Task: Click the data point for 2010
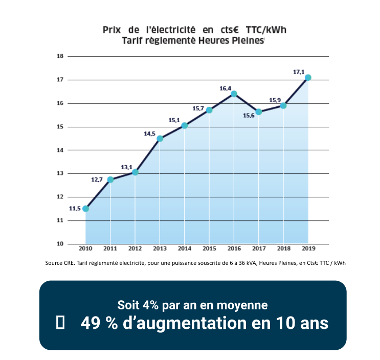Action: pos(85,209)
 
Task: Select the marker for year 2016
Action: pos(234,94)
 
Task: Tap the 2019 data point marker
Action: pos(308,78)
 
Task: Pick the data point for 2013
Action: pos(160,139)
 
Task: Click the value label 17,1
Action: pos(299,72)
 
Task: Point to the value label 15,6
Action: pos(250,116)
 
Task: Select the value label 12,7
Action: pos(97,179)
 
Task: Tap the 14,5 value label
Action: pos(149,133)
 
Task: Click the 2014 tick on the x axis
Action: pos(184,248)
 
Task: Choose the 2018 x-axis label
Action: pos(283,248)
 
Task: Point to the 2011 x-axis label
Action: pos(110,248)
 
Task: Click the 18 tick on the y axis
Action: pos(60,56)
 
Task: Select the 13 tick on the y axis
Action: pos(60,173)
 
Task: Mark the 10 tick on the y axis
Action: pos(60,243)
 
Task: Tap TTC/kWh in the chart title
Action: pos(266,30)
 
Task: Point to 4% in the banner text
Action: pos(150,305)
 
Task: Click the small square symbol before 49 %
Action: pos(60,323)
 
